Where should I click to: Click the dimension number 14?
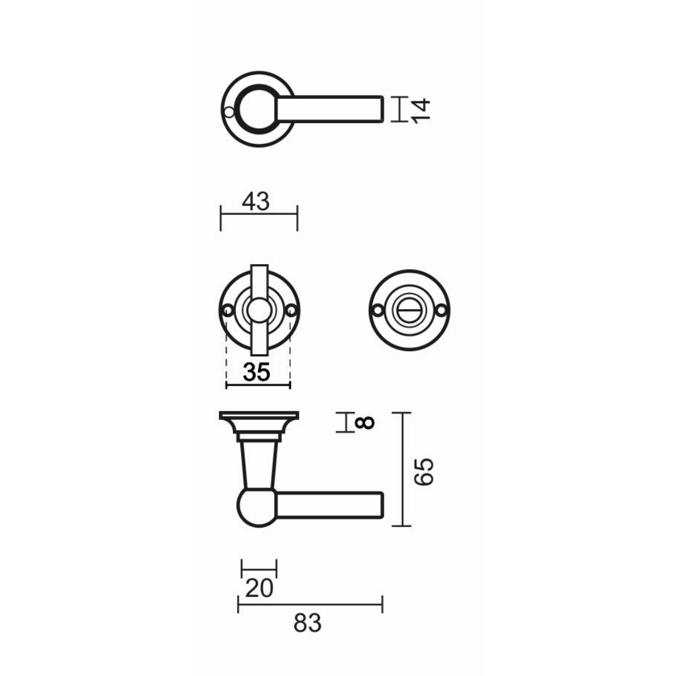click(x=421, y=111)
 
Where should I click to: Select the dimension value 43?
click(x=255, y=202)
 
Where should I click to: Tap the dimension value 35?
click(x=257, y=372)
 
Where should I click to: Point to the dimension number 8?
click(x=364, y=422)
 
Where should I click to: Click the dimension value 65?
click(x=424, y=472)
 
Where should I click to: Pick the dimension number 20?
click(x=259, y=588)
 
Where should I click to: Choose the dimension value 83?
click(x=307, y=623)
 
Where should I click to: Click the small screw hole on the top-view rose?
click(x=229, y=112)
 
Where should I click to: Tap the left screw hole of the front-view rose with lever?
click(x=228, y=310)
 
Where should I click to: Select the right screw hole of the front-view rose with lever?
click(x=291, y=310)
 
